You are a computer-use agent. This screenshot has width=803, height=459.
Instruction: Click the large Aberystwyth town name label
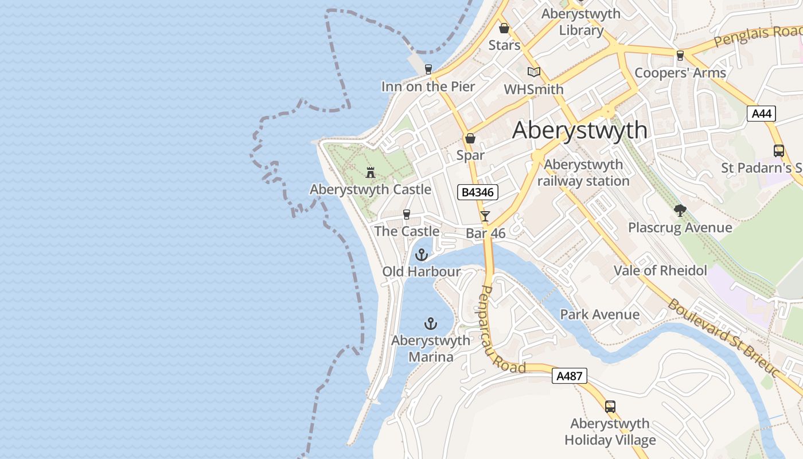[580, 130]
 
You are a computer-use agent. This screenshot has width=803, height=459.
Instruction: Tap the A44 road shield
[761, 114]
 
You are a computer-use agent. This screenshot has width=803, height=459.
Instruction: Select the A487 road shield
[570, 376]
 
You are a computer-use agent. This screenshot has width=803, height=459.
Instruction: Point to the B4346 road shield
[477, 192]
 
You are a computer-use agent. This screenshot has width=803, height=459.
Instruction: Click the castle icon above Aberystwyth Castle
[371, 172]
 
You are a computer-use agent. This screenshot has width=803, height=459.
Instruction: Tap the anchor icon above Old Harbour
[422, 254]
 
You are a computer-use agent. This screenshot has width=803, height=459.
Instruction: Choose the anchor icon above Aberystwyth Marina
[430, 324]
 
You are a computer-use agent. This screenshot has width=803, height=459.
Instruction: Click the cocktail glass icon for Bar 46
[485, 216]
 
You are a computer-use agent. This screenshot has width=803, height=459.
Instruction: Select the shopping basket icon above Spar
[470, 138]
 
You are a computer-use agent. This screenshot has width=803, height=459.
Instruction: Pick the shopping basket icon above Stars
[504, 28]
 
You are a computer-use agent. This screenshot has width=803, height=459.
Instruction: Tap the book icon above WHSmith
[534, 72]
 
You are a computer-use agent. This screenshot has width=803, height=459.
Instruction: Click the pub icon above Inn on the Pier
[428, 69]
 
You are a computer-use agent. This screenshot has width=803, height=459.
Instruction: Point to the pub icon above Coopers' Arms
[680, 56]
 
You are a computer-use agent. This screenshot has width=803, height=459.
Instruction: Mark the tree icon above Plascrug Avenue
[680, 211]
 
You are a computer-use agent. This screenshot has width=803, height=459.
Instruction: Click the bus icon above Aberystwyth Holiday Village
[610, 407]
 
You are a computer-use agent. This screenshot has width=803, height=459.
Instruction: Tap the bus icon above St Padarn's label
[779, 151]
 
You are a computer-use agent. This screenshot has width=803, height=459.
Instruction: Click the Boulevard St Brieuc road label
[725, 337]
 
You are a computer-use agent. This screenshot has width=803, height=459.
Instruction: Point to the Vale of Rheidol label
[660, 270]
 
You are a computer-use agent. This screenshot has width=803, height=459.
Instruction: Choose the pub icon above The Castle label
[407, 215]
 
